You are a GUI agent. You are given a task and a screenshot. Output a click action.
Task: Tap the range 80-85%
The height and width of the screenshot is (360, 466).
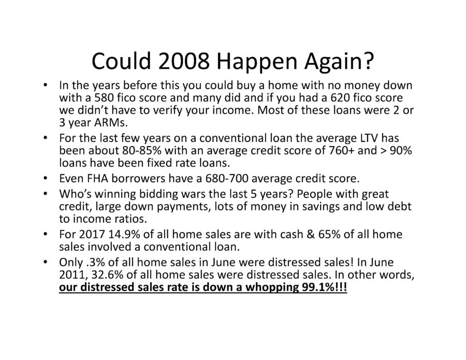pyautogui.click(x=142, y=150)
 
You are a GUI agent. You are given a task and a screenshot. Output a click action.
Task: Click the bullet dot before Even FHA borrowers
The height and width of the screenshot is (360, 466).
pyautogui.click(x=45, y=179)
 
